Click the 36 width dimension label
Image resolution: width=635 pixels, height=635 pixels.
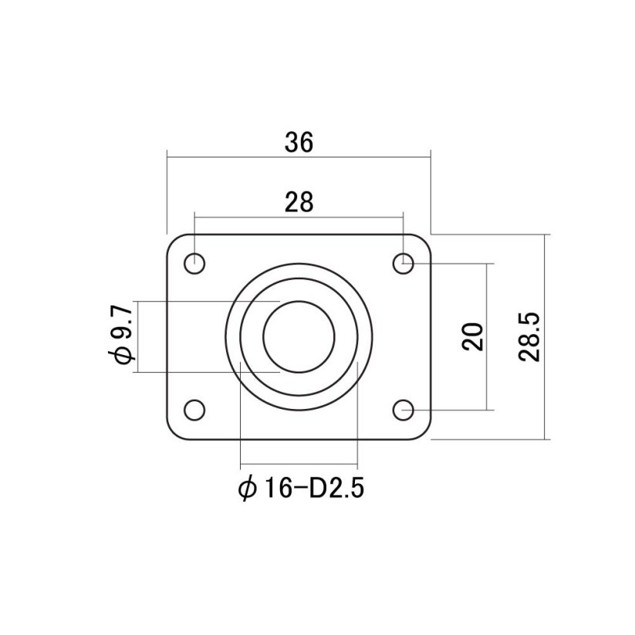[299, 143]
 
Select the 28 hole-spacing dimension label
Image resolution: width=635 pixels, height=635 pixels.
[299, 202]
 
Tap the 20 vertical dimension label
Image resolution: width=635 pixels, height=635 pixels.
[473, 336]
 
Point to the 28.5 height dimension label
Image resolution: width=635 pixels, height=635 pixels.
[529, 336]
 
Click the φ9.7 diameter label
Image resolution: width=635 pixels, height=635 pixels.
[121, 336]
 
